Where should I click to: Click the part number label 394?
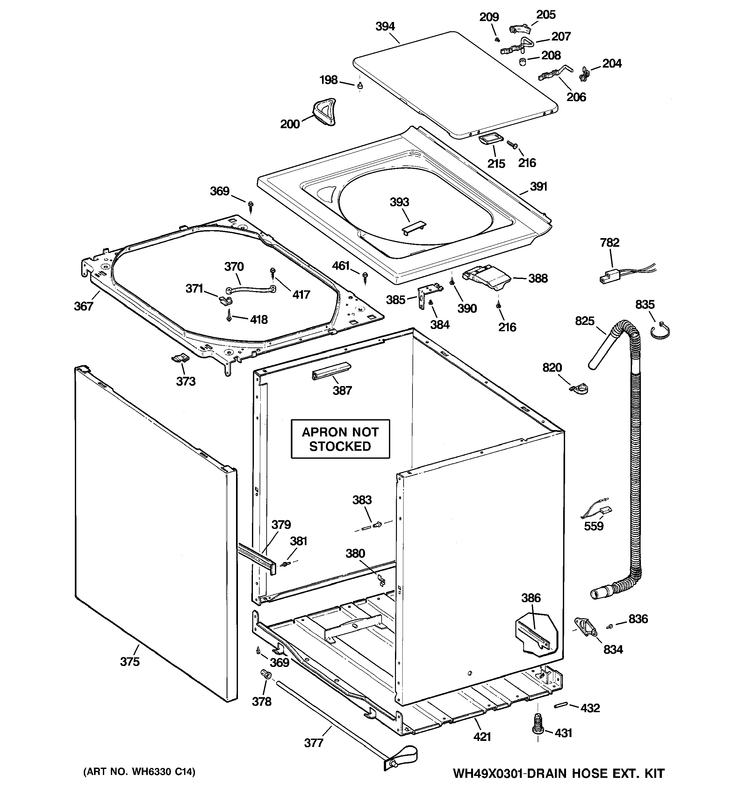(x=385, y=26)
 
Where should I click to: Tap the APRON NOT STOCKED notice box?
(x=340, y=439)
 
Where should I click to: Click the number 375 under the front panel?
(x=130, y=661)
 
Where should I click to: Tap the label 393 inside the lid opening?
(x=399, y=202)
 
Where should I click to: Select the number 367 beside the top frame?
(x=83, y=306)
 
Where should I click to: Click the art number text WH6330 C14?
(x=139, y=772)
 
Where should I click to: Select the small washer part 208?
(x=523, y=62)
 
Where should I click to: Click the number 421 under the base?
(x=482, y=737)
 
